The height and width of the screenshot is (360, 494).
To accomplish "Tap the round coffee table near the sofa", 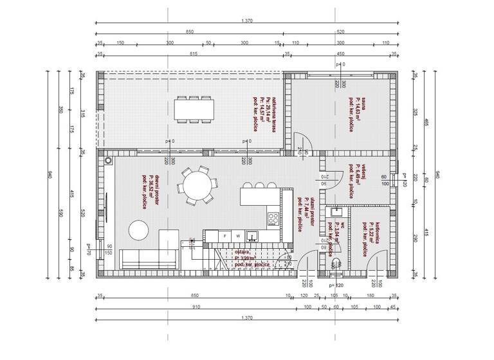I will pos(139,230).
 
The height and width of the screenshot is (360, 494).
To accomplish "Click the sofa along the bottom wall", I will pos(149,260).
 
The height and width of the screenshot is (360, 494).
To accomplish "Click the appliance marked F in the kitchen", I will pos(224,235).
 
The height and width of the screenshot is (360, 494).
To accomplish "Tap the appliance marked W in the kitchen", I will pos(237,235).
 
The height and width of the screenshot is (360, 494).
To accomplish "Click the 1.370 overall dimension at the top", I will pos(247,22).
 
